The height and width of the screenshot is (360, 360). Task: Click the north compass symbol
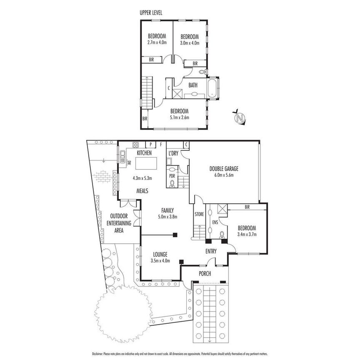click(x=240, y=118)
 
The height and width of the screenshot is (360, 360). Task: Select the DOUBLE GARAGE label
click(x=226, y=169)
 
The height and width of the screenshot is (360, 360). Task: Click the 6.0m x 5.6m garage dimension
click(x=226, y=175)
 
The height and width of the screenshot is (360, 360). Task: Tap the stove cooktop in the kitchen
click(x=136, y=145)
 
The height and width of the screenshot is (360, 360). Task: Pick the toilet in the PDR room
click(x=172, y=182)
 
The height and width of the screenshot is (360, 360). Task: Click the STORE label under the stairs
click(x=199, y=215)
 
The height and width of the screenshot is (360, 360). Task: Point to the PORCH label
click(x=205, y=274)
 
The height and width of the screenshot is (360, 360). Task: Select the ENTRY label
click(x=211, y=251)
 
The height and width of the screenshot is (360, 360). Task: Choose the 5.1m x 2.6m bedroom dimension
click(x=180, y=117)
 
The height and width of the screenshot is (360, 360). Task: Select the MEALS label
click(x=144, y=191)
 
